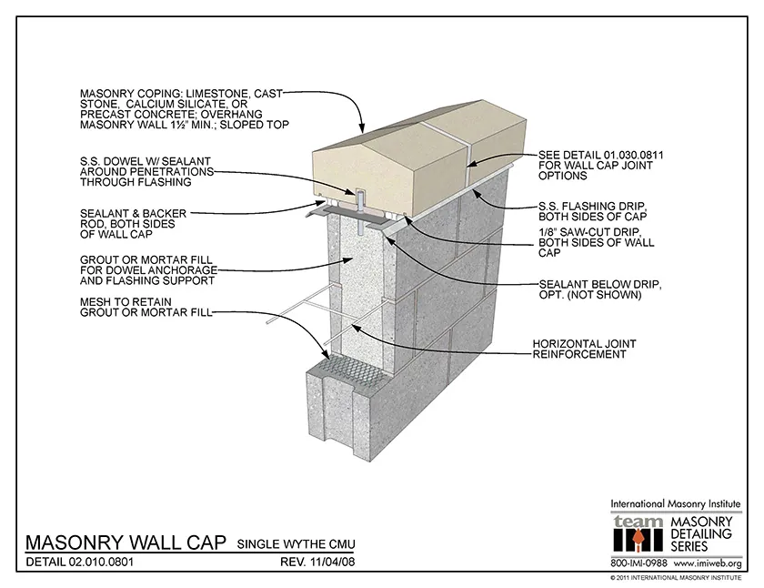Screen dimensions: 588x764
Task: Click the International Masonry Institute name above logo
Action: click(675, 503)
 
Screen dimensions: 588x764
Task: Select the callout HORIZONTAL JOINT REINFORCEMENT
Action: click(583, 349)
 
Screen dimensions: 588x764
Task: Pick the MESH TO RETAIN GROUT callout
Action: click(146, 306)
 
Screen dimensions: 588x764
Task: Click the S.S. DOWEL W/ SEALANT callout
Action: click(146, 171)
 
